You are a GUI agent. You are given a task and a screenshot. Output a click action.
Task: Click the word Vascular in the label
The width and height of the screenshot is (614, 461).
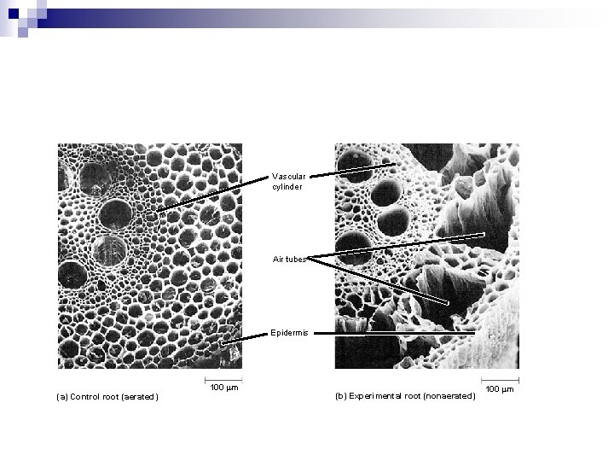[x=289, y=177]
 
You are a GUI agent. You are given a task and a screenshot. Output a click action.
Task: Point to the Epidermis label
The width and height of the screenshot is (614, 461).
[x=290, y=333]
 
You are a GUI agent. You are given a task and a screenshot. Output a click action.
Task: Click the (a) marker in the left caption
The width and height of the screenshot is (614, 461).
[x=61, y=397]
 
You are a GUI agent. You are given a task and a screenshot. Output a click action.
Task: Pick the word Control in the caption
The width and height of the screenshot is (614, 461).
[x=90, y=397]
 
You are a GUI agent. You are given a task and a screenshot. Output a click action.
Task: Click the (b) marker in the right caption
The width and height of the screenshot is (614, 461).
[x=341, y=396]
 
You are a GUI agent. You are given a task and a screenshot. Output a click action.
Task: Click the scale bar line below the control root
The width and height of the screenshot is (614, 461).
[x=223, y=378]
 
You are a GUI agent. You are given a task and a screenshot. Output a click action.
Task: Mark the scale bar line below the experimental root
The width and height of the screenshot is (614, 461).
[x=500, y=378]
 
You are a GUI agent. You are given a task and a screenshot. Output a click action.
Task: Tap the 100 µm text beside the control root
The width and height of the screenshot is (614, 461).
[x=223, y=388]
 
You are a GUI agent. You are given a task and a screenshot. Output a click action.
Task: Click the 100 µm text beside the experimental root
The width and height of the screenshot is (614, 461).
[x=500, y=389]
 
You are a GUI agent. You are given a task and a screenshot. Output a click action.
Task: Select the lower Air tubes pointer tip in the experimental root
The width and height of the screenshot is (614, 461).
[x=448, y=303]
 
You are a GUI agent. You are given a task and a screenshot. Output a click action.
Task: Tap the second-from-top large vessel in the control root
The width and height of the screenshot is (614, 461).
[x=114, y=213]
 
